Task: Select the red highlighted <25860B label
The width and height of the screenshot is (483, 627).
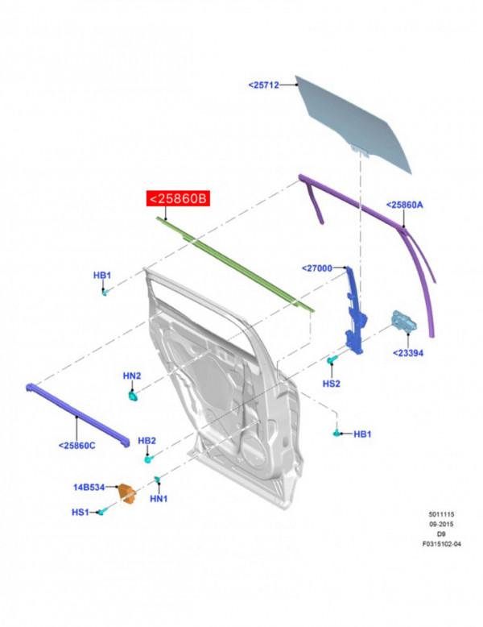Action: click(177, 198)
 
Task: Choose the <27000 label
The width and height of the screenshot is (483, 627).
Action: click(317, 268)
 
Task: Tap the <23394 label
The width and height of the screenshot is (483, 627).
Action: click(408, 353)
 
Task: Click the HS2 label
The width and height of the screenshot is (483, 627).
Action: click(331, 384)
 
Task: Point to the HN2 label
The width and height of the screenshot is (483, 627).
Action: click(132, 376)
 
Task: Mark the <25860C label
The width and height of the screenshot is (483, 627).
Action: click(76, 445)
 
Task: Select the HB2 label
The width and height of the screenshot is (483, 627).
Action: click(147, 441)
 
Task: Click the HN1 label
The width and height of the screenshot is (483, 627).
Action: click(159, 499)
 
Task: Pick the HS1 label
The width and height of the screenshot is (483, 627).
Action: click(80, 512)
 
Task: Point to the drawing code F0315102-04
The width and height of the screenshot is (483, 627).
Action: click(442, 544)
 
